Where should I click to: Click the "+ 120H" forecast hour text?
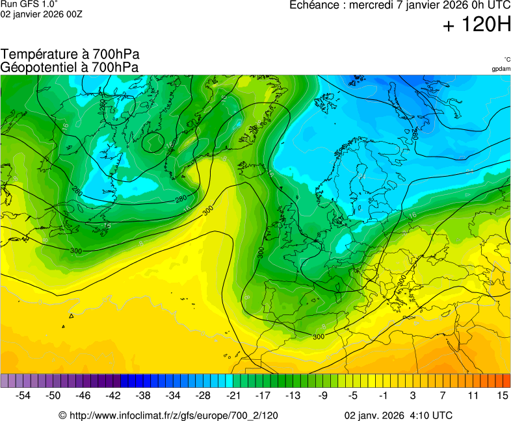(477, 26)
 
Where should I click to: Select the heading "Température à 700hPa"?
(70, 55)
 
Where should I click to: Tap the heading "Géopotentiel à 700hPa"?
(70, 67)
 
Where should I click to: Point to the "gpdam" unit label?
(501, 69)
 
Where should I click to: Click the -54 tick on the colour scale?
(23, 395)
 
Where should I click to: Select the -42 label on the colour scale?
(114, 395)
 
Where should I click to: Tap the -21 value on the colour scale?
(233, 395)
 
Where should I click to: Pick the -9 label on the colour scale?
(323, 395)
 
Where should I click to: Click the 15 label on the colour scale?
(502, 395)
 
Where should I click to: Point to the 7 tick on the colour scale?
(443, 395)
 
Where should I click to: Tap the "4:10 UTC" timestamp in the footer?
(430, 415)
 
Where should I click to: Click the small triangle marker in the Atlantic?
(71, 316)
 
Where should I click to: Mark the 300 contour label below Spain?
(319, 337)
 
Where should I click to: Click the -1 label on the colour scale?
(383, 395)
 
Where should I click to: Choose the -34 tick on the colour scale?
(174, 395)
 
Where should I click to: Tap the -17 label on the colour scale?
(263, 395)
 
